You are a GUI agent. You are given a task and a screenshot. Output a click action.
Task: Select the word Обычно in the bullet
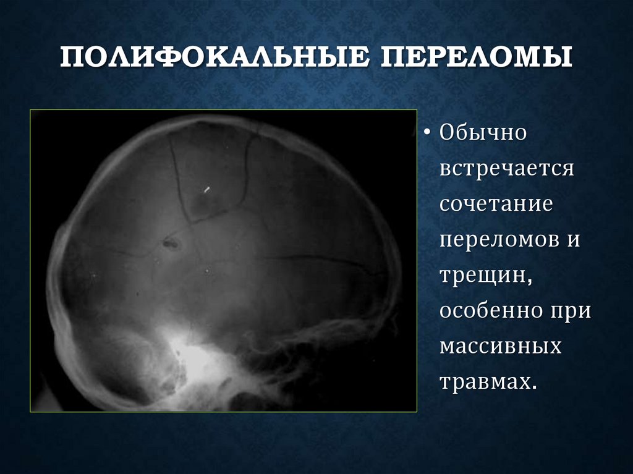tap(483, 133)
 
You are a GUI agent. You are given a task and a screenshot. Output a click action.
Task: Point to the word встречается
tap(508, 169)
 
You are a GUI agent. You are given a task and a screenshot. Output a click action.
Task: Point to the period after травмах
tap(531, 386)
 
